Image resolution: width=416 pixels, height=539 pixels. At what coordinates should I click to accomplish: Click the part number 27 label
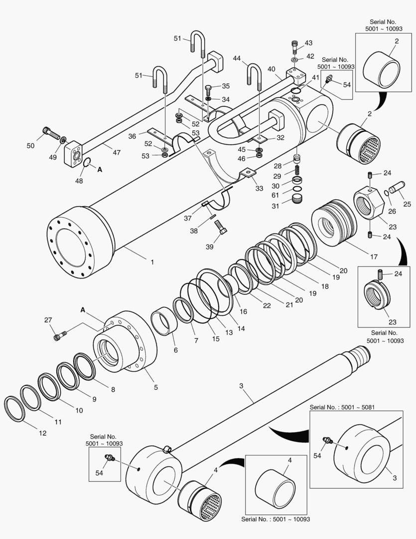coord(48,320)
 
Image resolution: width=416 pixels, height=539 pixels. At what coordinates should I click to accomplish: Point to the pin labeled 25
coord(399,191)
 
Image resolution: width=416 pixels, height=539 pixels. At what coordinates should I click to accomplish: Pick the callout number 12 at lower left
coord(42,433)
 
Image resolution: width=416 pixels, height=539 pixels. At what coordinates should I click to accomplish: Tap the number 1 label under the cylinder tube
coord(152,262)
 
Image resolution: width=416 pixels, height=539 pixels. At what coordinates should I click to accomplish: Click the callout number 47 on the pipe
coord(116,152)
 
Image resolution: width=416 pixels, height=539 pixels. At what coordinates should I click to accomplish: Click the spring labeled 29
coord(297,169)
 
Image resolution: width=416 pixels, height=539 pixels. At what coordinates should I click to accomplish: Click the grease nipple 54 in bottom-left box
coord(109,458)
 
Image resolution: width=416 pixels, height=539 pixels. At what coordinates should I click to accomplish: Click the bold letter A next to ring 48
coord(100,170)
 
